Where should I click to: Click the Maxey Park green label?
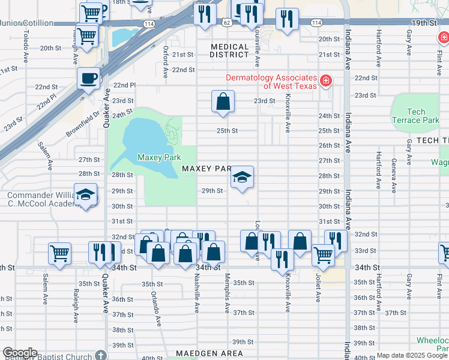click(159, 157)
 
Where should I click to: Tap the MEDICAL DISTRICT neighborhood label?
click(229, 50)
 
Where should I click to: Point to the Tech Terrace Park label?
click(415, 116)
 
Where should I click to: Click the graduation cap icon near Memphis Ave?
click(242, 177)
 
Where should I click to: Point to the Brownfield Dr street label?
click(83, 124)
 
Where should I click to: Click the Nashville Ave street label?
click(197, 294)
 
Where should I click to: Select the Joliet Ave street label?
click(318, 289)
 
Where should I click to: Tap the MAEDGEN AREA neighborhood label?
click(209, 353)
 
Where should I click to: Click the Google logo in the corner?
click(20, 353)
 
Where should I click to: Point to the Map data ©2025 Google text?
click(412, 356)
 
